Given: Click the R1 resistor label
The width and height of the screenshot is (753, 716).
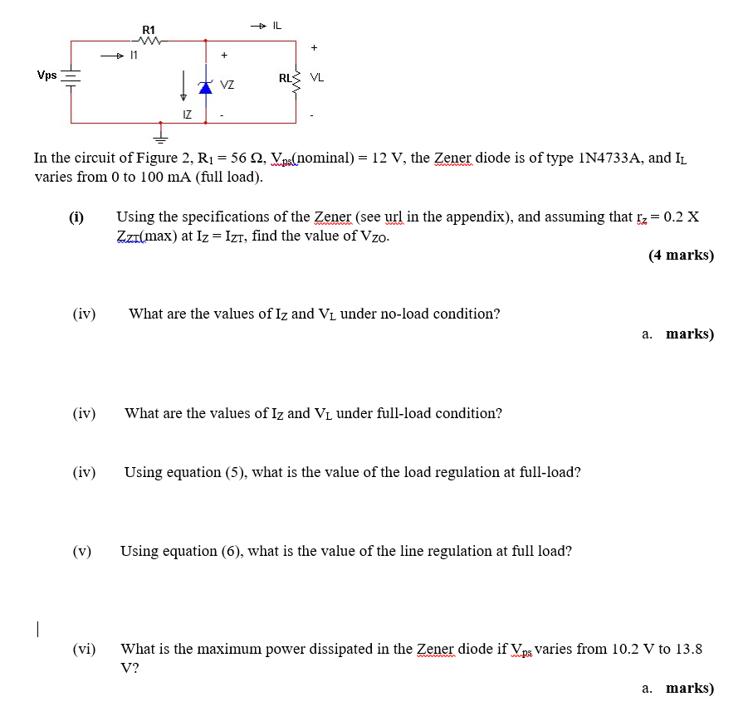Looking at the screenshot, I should click(x=149, y=31).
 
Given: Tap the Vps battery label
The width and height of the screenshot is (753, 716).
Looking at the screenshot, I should click(x=46, y=75).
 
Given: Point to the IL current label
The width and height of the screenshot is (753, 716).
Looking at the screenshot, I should click(x=276, y=26).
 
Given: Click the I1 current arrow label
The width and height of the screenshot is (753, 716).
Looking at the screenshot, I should click(x=133, y=56).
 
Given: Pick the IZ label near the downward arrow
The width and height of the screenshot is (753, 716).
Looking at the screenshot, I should click(x=188, y=114).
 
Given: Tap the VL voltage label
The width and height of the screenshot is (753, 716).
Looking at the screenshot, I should click(x=317, y=78).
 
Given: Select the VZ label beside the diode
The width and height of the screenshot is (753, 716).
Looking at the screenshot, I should click(x=227, y=85).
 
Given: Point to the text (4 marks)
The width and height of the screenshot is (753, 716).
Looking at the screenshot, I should click(x=681, y=256).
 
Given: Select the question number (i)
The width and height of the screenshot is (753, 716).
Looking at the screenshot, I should click(x=76, y=217).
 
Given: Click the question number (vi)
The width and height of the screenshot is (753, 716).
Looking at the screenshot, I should click(x=84, y=649).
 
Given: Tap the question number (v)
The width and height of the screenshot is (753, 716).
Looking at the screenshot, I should click(x=82, y=551).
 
